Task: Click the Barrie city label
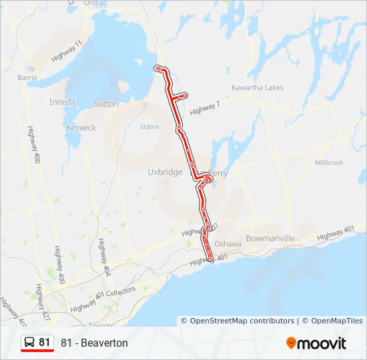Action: coord(27,77)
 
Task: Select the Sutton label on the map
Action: coord(106,104)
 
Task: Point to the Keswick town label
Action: coord(81,127)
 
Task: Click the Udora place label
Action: coord(149,127)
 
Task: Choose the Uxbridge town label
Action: coord(165,172)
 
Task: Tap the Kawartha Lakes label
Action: coord(257,88)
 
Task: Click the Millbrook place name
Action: coord(329,163)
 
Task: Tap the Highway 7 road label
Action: coord(204,108)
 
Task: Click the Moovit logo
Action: coord(316,343)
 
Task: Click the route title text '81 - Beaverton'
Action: coord(94,343)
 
